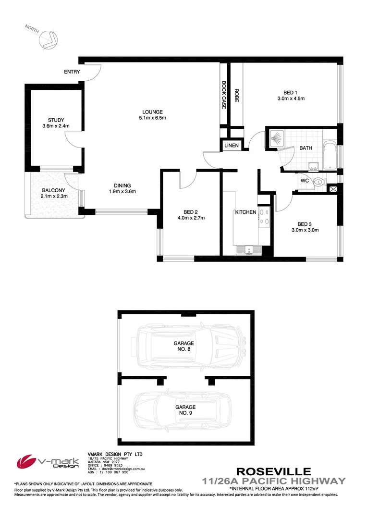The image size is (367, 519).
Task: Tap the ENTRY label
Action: [x=72, y=72]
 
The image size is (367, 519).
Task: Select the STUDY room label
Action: [x=56, y=120]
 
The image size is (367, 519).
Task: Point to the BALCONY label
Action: [x=53, y=190]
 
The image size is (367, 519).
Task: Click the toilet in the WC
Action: [x=320, y=182]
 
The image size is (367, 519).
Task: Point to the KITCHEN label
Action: [x=245, y=212]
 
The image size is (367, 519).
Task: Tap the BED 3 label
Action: [x=305, y=224]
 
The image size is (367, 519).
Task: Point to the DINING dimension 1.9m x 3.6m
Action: [x=122, y=192]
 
